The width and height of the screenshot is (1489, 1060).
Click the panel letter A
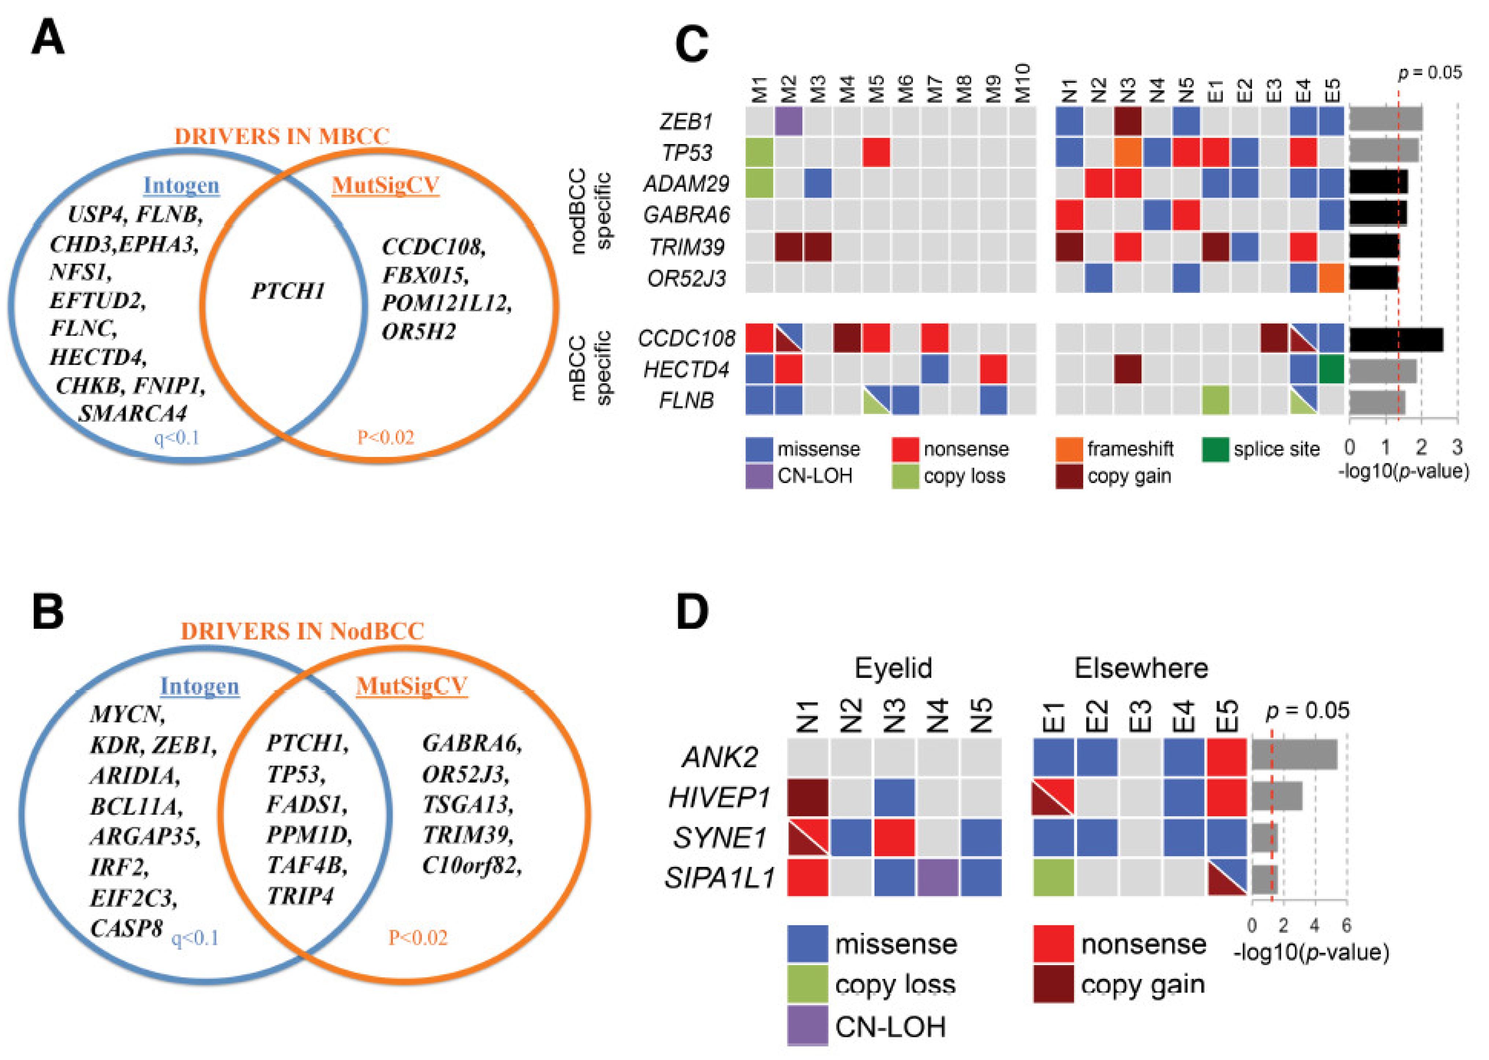tap(48, 38)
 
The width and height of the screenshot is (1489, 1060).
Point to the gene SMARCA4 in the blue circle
tap(133, 413)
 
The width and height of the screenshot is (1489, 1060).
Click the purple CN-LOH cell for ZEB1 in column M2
tap(788, 121)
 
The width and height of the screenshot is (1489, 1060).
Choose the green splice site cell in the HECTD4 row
tap(1330, 369)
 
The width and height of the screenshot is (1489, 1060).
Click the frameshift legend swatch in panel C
tap(1069, 449)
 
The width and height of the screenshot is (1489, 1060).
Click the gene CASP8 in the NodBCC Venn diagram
tap(126, 927)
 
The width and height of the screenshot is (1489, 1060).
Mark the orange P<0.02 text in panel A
tap(385, 437)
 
